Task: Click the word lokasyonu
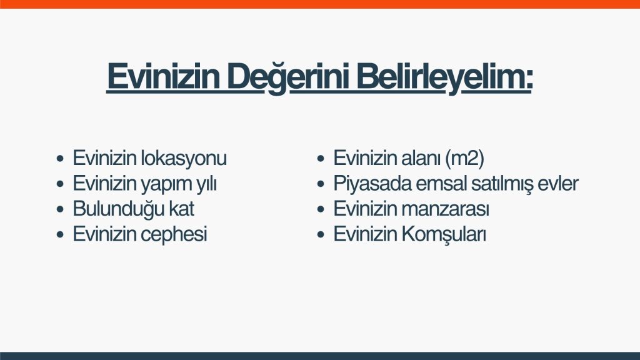(184, 158)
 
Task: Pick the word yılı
(206, 184)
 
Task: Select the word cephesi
(174, 235)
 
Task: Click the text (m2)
(464, 158)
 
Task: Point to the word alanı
(421, 158)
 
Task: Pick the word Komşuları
(444, 235)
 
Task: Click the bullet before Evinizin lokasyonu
(61, 158)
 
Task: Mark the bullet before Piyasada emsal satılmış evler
(321, 184)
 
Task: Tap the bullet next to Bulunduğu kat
(61, 209)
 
